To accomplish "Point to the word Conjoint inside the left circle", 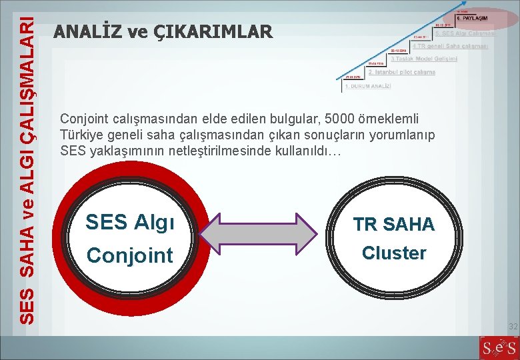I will tap(130, 255).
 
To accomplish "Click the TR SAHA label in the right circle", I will tap(393, 225).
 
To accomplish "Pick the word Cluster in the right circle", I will tap(393, 253).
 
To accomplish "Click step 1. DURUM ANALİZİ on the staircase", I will tap(368, 87).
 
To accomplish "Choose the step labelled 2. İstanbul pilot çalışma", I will tap(401, 72).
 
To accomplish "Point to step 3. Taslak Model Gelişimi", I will tap(424, 59).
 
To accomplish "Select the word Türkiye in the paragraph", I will tap(79, 135).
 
